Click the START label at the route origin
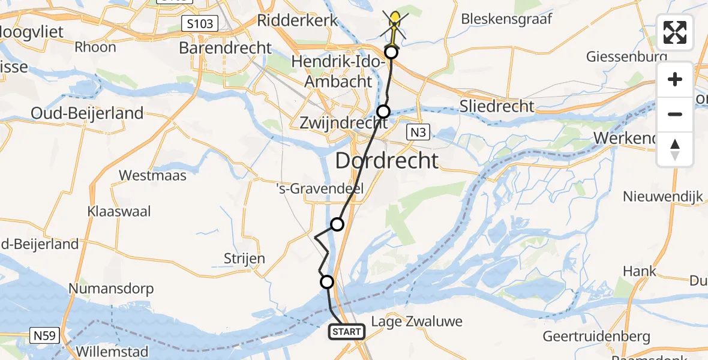347,332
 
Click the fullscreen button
675,32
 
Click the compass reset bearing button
675,149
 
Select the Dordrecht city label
386,161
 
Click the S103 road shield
199,24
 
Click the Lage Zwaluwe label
416,321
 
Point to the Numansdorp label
111,289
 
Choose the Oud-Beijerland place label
88,113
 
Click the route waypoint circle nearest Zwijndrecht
383,111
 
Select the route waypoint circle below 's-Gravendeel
337,224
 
